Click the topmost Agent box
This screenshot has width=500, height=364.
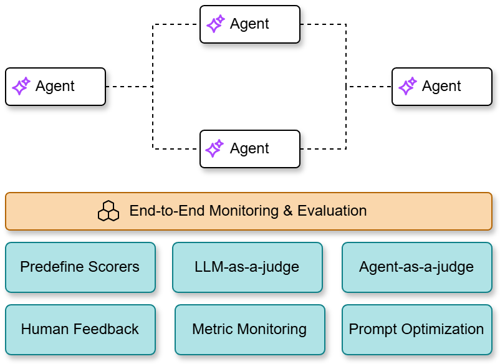click(x=249, y=24)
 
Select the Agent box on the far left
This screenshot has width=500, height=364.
click(x=55, y=87)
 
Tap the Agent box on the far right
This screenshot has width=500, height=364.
click(x=442, y=87)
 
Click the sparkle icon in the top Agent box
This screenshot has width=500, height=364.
click(x=215, y=24)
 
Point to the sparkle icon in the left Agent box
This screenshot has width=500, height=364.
click(x=21, y=87)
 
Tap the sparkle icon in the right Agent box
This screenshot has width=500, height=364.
click(x=408, y=87)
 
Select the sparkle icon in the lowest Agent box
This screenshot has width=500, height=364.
click(x=215, y=149)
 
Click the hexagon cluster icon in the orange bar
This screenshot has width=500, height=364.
click(x=108, y=211)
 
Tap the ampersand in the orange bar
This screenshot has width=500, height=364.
click(x=287, y=211)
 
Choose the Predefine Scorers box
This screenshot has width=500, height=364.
click(x=80, y=267)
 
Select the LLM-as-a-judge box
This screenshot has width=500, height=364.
click(x=247, y=267)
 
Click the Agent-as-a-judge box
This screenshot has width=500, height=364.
click(x=416, y=267)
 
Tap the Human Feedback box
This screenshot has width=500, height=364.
click(x=80, y=329)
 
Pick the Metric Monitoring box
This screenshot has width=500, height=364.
click(x=249, y=329)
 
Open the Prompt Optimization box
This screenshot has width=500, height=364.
click(x=416, y=329)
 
